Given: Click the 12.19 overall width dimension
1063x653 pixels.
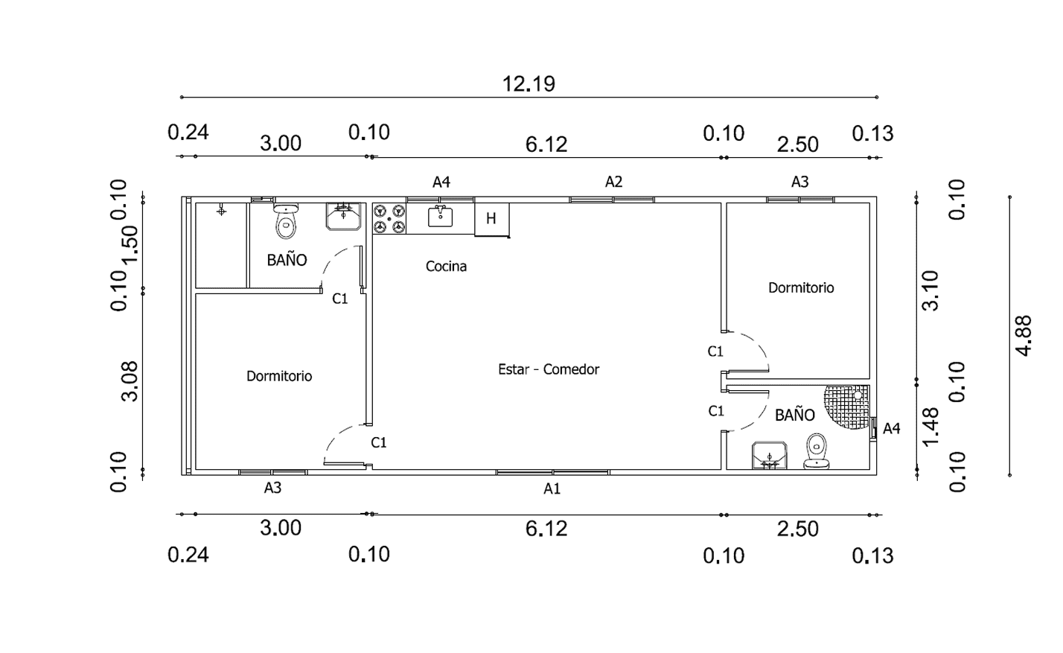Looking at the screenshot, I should (529, 83).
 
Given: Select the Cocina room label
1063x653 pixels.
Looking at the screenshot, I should (446, 266).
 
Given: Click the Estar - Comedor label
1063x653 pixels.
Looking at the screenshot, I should (549, 369).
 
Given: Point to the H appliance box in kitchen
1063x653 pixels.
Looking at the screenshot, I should (491, 218).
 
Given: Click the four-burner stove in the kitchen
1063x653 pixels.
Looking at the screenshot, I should (389, 219).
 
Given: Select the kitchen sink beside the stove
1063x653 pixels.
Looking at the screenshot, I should (441, 216).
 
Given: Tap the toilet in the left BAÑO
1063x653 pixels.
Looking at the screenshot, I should (286, 221).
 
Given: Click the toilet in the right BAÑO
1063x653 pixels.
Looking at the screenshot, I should (817, 451).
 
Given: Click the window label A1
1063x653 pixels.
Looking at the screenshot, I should (552, 489).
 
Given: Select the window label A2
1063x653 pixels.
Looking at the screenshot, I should (613, 182).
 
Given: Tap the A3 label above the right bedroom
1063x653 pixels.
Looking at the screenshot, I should (799, 182).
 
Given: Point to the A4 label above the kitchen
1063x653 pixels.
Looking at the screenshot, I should (441, 182).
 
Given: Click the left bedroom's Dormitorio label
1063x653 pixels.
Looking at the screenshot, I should (279, 376).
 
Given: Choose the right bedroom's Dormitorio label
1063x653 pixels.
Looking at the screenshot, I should (801, 287).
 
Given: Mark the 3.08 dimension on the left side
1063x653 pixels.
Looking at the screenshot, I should (130, 380).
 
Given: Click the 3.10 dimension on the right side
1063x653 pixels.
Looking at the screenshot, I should (930, 290).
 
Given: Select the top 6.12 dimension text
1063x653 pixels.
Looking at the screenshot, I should (546, 144).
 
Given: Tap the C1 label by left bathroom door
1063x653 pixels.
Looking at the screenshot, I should (340, 299).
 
